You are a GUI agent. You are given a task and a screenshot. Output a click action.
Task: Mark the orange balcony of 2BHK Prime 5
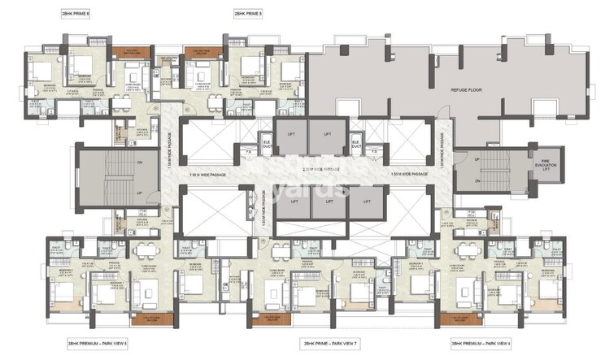[x=202, y=53]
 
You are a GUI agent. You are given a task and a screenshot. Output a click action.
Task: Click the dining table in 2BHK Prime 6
[x=120, y=102]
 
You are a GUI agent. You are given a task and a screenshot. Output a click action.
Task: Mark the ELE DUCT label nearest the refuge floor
[x=355, y=143]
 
